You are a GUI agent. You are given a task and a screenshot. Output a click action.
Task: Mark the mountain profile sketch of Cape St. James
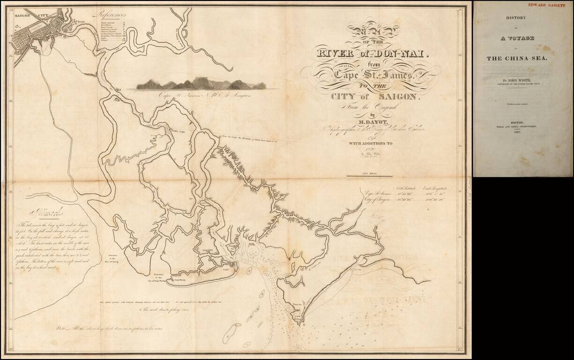tap(201, 84)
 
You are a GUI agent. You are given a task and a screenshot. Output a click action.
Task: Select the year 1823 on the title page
tap(523, 133)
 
